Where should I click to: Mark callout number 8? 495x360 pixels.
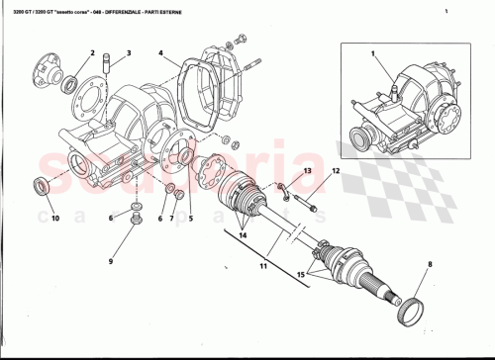point(431,264)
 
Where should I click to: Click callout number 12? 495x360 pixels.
point(336,171)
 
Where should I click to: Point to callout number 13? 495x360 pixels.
point(307,171)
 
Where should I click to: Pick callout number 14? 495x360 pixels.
point(244,236)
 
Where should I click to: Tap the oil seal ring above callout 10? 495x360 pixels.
point(43,185)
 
